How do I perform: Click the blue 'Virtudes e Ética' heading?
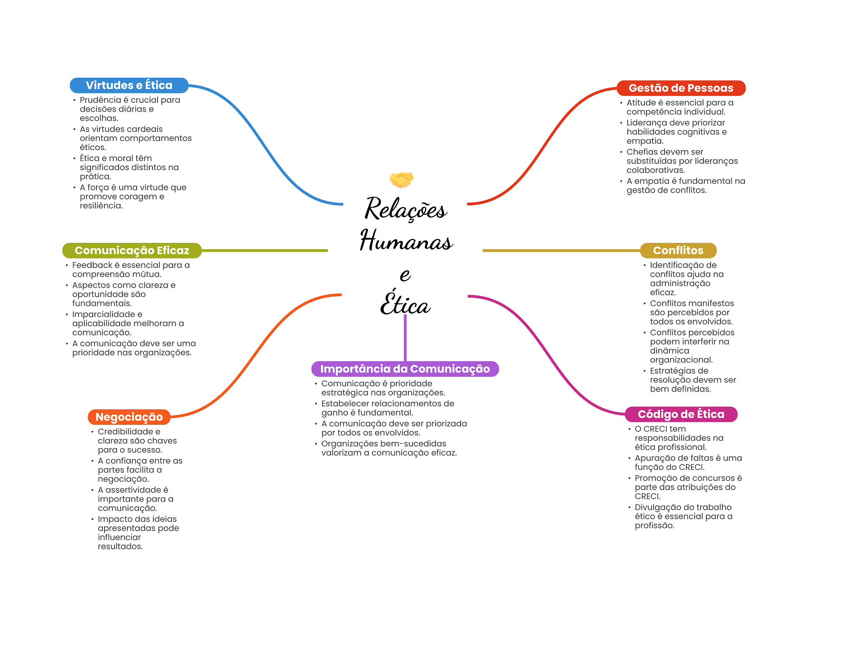tap(129, 85)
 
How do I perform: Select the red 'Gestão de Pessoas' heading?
tap(681, 88)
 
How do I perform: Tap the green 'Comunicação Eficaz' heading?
tap(132, 250)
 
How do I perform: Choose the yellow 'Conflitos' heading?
tap(678, 250)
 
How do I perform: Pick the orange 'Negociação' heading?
tap(129, 417)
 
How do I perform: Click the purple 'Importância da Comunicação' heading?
tap(405, 369)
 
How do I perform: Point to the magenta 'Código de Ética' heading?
tap(681, 414)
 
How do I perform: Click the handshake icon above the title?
tap(401, 179)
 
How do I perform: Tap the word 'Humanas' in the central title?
tap(406, 241)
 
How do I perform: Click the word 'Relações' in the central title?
tap(406, 209)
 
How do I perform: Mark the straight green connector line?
tap(265, 250)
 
